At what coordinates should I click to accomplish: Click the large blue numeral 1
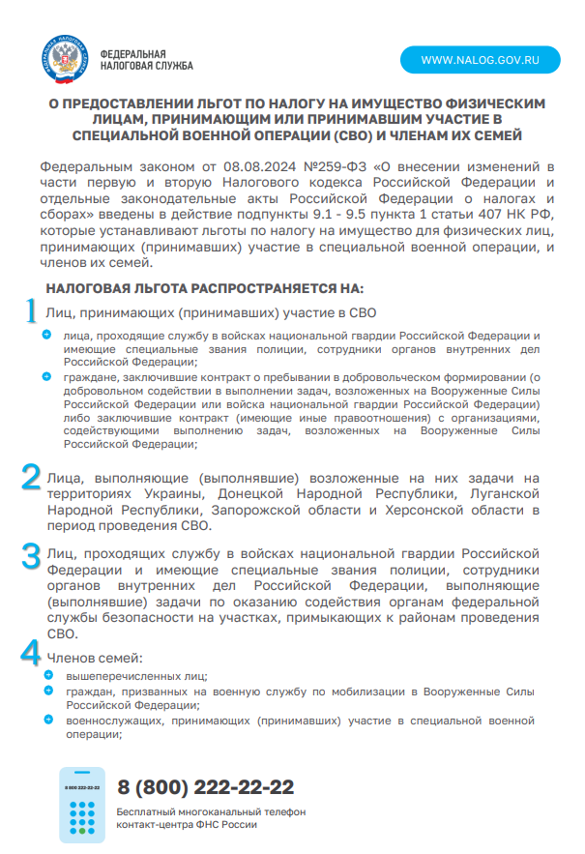point(31,311)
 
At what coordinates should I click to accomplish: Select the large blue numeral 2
point(32,479)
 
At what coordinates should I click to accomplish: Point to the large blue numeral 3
point(32,554)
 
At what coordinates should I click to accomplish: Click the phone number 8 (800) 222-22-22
point(205,787)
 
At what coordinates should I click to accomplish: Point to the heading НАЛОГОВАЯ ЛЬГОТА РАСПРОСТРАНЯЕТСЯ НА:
point(204,287)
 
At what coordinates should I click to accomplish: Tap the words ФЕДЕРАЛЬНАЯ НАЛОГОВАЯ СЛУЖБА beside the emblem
point(146,59)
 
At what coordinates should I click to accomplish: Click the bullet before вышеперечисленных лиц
point(49,675)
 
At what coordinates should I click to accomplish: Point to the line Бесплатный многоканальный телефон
point(210,810)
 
